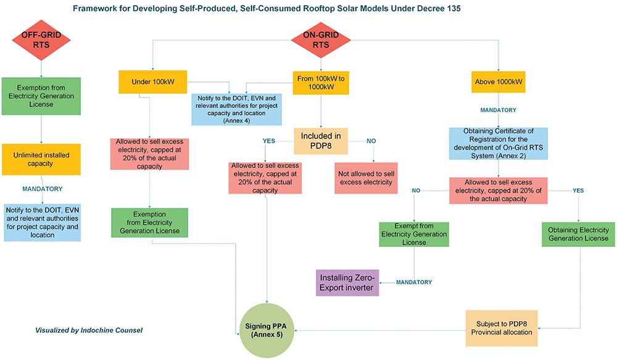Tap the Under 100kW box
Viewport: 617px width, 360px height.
pyautogui.click(x=152, y=82)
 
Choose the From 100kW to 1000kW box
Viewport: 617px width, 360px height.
pyautogui.click(x=320, y=82)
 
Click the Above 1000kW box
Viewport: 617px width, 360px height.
pyautogui.click(x=499, y=82)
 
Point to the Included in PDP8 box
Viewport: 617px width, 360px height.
pyautogui.click(x=320, y=140)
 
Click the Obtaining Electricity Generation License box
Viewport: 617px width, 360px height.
pyautogui.click(x=578, y=233)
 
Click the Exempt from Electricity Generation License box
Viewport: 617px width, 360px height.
pyautogui.click(x=414, y=233)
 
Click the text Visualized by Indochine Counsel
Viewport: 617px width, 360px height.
pyautogui.click(x=89, y=330)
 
